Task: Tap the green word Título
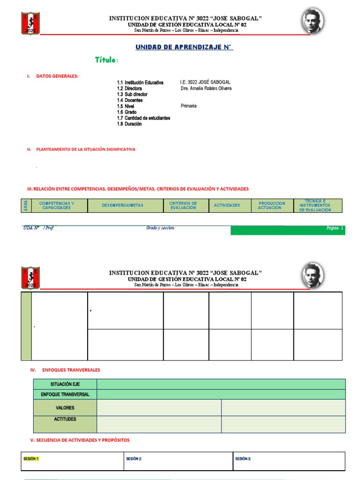coord(106,60)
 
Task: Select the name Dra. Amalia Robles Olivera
coord(206,88)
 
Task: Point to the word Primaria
coord(188,106)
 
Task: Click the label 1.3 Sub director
coord(132,94)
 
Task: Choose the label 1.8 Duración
coord(129,124)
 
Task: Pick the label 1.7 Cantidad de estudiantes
coord(143,118)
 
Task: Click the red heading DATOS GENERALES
coord(57,76)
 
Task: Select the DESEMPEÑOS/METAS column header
coord(123,205)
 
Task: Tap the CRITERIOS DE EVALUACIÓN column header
coord(183,205)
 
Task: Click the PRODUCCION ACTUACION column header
coord(271,205)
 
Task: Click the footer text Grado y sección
coord(161,228)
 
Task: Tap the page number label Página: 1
coord(335,228)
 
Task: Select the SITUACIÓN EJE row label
coord(65,384)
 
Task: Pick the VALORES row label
coord(65,408)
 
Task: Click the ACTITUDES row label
coord(65,420)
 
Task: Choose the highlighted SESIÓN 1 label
coord(31,459)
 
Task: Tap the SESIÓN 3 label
coord(243,459)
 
